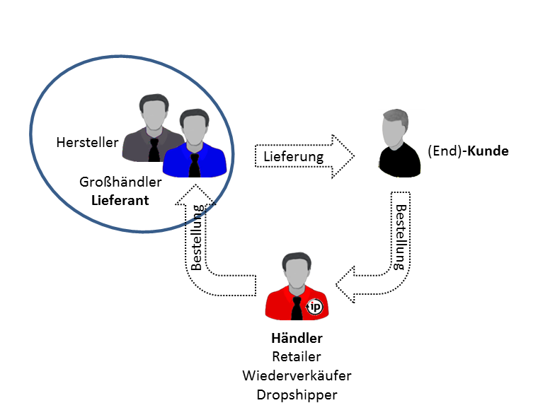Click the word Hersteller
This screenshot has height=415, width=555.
(x=88, y=142)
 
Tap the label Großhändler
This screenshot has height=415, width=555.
(x=121, y=182)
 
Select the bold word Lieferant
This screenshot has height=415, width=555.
(x=120, y=200)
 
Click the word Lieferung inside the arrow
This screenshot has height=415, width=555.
(x=293, y=156)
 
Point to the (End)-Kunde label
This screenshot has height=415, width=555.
(x=469, y=151)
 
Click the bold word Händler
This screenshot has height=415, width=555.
(x=297, y=339)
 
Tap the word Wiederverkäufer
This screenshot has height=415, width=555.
(x=297, y=375)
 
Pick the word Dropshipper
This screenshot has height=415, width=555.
(x=297, y=393)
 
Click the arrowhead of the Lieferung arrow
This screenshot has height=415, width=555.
(x=345, y=155)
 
